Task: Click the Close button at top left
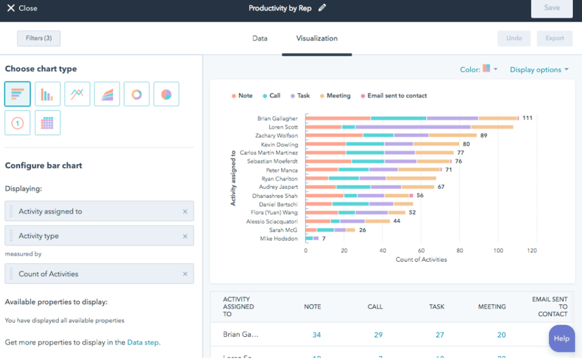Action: (22, 8)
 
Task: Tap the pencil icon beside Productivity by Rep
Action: (322, 8)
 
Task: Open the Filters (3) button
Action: (39, 38)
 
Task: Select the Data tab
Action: (260, 38)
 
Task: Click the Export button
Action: (554, 38)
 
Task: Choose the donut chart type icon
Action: (136, 94)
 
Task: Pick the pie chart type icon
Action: (166, 94)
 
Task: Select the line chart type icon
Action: (77, 94)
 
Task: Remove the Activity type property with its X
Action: (185, 237)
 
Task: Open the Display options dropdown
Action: (539, 70)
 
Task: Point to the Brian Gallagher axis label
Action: (277, 119)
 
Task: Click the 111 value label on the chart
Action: (527, 118)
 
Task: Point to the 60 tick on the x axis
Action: (421, 250)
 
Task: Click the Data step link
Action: (142, 343)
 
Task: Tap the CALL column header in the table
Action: (375, 307)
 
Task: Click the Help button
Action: (561, 338)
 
